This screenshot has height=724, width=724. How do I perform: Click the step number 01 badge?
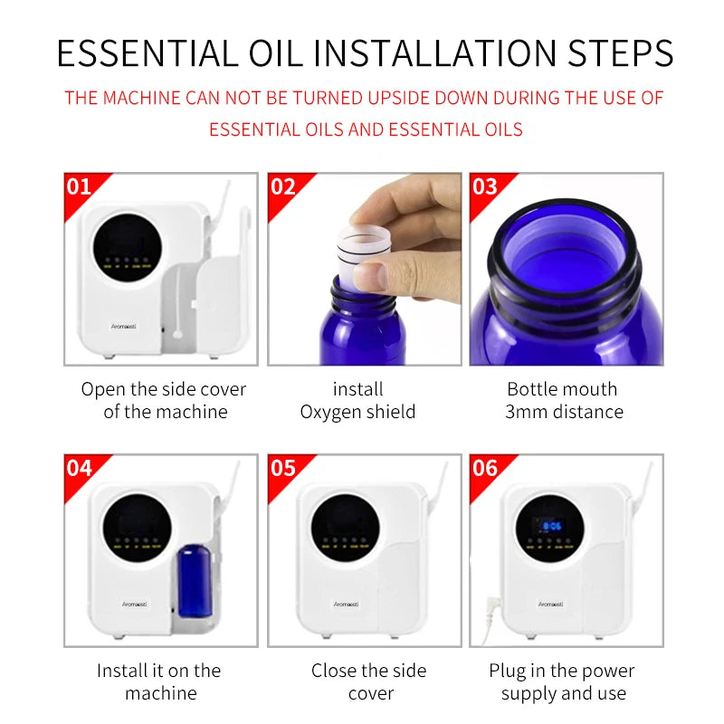click(81, 187)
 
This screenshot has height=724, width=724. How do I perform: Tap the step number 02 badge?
click(283, 187)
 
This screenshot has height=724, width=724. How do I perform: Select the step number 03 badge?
click(486, 187)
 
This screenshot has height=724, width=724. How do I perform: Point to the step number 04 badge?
click(81, 468)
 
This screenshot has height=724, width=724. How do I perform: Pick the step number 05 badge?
click(283, 468)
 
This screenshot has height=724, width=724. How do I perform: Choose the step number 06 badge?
click(486, 468)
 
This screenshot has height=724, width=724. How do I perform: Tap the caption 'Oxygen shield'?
click(357, 412)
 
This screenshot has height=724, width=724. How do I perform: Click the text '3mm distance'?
click(564, 412)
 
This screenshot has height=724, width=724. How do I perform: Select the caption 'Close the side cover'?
click(370, 681)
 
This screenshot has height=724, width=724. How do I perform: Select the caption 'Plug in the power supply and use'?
click(562, 681)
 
